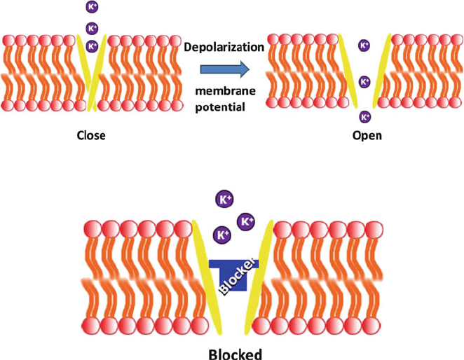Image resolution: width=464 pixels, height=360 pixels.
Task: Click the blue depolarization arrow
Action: click(x=225, y=69)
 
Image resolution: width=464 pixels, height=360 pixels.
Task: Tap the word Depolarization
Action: click(x=224, y=47)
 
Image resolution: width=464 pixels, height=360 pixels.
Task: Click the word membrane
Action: click(x=225, y=91)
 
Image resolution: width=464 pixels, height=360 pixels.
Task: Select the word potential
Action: click(x=220, y=107)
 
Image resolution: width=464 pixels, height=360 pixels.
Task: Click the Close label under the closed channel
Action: click(x=91, y=135)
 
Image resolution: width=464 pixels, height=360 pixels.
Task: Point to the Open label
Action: click(x=367, y=136)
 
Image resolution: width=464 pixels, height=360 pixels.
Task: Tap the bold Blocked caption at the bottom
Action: click(x=236, y=354)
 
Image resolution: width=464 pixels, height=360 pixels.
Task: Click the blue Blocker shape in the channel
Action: click(x=234, y=275)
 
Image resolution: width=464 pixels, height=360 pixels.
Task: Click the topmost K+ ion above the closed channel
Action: click(x=92, y=7)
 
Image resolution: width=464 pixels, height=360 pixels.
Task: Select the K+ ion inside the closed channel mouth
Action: click(x=92, y=46)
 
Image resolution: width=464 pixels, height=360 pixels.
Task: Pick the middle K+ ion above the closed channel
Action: click(x=92, y=29)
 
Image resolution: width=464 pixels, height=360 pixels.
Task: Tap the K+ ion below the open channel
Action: click(x=365, y=117)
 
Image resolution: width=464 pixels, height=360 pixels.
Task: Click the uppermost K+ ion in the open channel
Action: click(x=364, y=46)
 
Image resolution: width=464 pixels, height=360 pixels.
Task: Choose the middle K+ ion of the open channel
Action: click(x=364, y=81)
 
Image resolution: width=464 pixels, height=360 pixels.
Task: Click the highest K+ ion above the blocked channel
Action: click(x=224, y=199)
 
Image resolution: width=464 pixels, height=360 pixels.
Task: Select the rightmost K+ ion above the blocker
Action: click(x=246, y=221)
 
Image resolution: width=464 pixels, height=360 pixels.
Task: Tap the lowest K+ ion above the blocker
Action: click(x=222, y=235)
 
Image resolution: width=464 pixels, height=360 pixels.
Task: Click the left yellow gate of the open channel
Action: click(x=348, y=71)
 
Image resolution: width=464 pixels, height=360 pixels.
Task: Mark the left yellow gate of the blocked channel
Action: click(x=207, y=277)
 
